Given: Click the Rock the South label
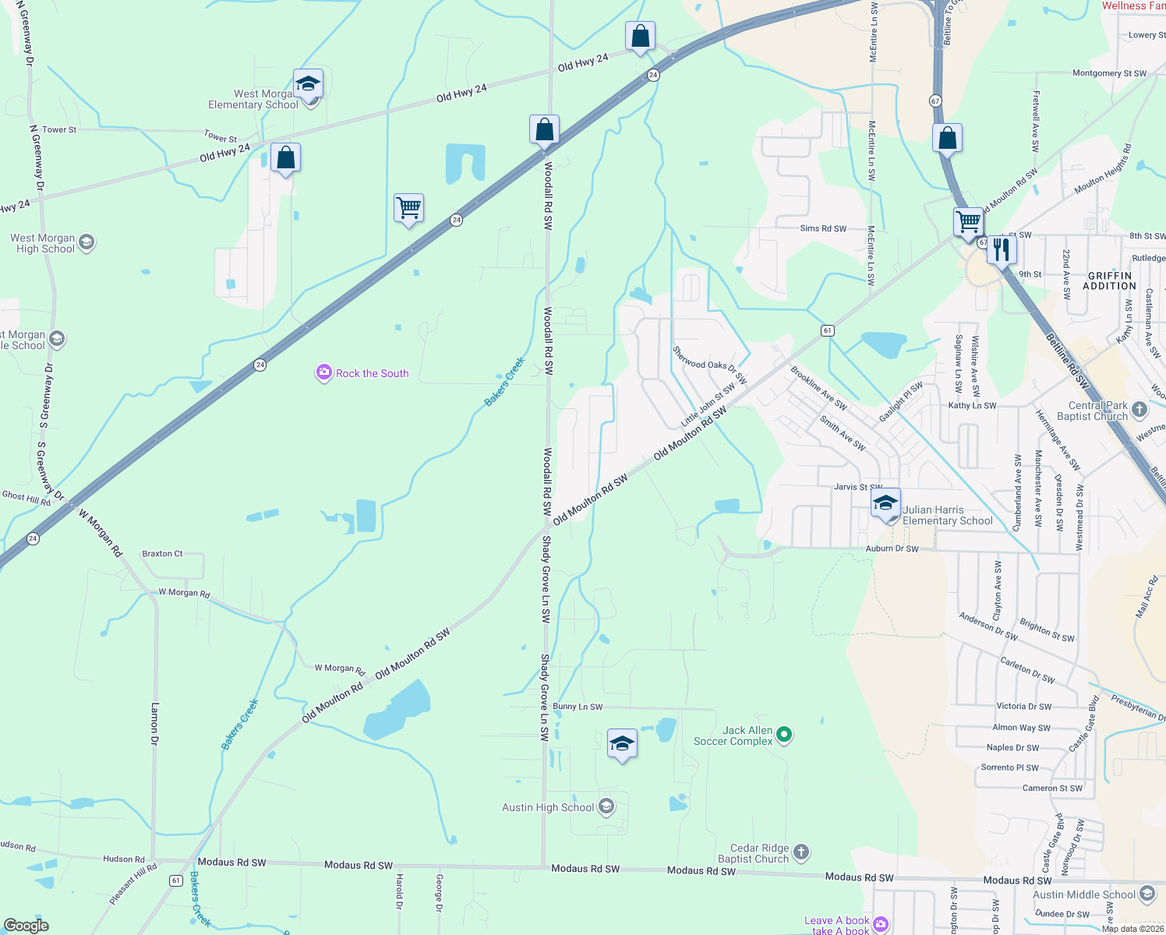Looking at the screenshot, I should tap(372, 373).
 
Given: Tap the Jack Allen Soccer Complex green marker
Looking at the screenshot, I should tap(785, 734).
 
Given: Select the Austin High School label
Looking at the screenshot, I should tap(548, 807).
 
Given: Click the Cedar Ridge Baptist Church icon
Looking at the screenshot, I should tap(801, 852).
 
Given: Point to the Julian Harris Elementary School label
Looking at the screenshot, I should tap(948, 515).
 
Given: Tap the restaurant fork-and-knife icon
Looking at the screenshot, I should tap(1002, 250).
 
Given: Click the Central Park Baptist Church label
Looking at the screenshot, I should tap(1092, 411).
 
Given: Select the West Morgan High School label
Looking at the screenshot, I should tap(44, 243).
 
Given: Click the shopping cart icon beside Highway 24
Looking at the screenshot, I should tap(408, 208).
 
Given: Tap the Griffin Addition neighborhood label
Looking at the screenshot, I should tap(1109, 280).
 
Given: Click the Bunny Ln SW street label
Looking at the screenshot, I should tap(578, 707).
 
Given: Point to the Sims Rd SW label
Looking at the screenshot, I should tap(823, 228).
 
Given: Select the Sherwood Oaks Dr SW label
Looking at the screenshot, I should tap(709, 366).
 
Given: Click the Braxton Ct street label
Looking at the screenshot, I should tap(162, 553).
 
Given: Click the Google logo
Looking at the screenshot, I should tap(26, 926).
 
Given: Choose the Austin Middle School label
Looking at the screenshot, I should tap(1084, 894).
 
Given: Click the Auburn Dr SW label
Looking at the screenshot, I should tap(892, 549).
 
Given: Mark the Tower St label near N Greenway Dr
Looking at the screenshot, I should tap(59, 129).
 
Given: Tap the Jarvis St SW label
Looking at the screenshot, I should tap(858, 487).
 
